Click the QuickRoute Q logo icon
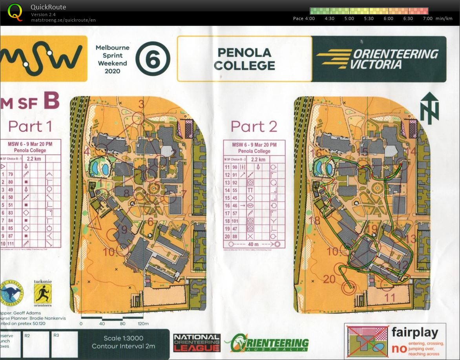pyautogui.click(x=15, y=12)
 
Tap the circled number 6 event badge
pyautogui.click(x=153, y=59)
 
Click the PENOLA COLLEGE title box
pyautogui.click(x=244, y=59)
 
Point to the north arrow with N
pyautogui.click(x=429, y=108)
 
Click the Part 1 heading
pyautogui.click(x=30, y=126)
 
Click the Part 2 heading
pyautogui.click(x=254, y=126)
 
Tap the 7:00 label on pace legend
pyautogui.click(x=428, y=18)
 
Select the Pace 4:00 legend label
pyautogui.click(x=304, y=18)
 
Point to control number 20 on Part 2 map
pyautogui.click(x=330, y=279)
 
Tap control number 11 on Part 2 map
pyautogui.click(x=389, y=298)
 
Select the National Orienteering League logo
pyautogui.click(x=197, y=343)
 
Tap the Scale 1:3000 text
pyautogui.click(x=123, y=338)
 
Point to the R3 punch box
pyautogui.click(x=64, y=344)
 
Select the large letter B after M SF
pyautogui.click(x=51, y=101)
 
